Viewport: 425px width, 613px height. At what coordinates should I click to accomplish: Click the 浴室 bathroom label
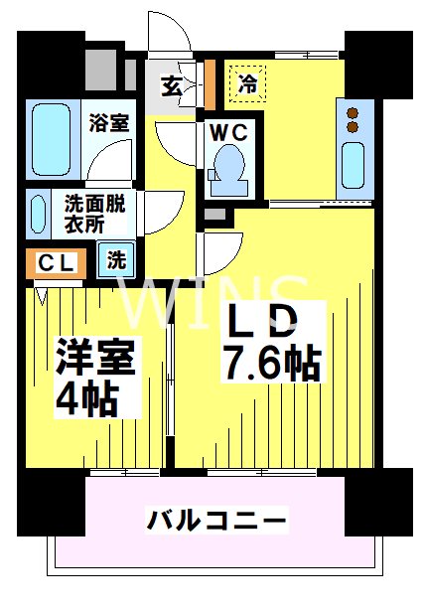point(108,124)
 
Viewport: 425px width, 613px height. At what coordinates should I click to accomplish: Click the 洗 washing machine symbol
point(117,262)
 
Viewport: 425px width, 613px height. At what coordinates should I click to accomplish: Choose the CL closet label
point(51,263)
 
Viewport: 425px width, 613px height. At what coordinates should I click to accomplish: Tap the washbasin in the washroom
point(38,212)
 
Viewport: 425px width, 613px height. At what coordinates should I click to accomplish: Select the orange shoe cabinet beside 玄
point(212,83)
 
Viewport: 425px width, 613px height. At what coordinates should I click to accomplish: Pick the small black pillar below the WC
point(215,214)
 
